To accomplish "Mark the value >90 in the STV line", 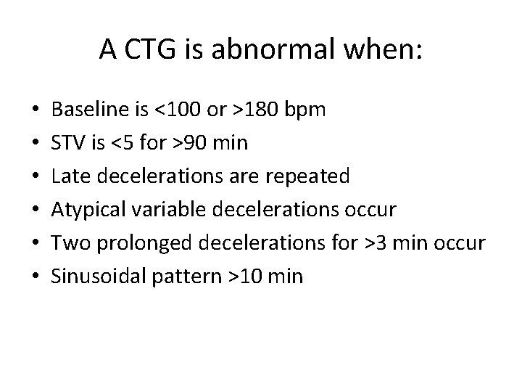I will (196, 143).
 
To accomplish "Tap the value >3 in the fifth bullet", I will (378, 243).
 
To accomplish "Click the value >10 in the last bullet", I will (248, 277).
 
